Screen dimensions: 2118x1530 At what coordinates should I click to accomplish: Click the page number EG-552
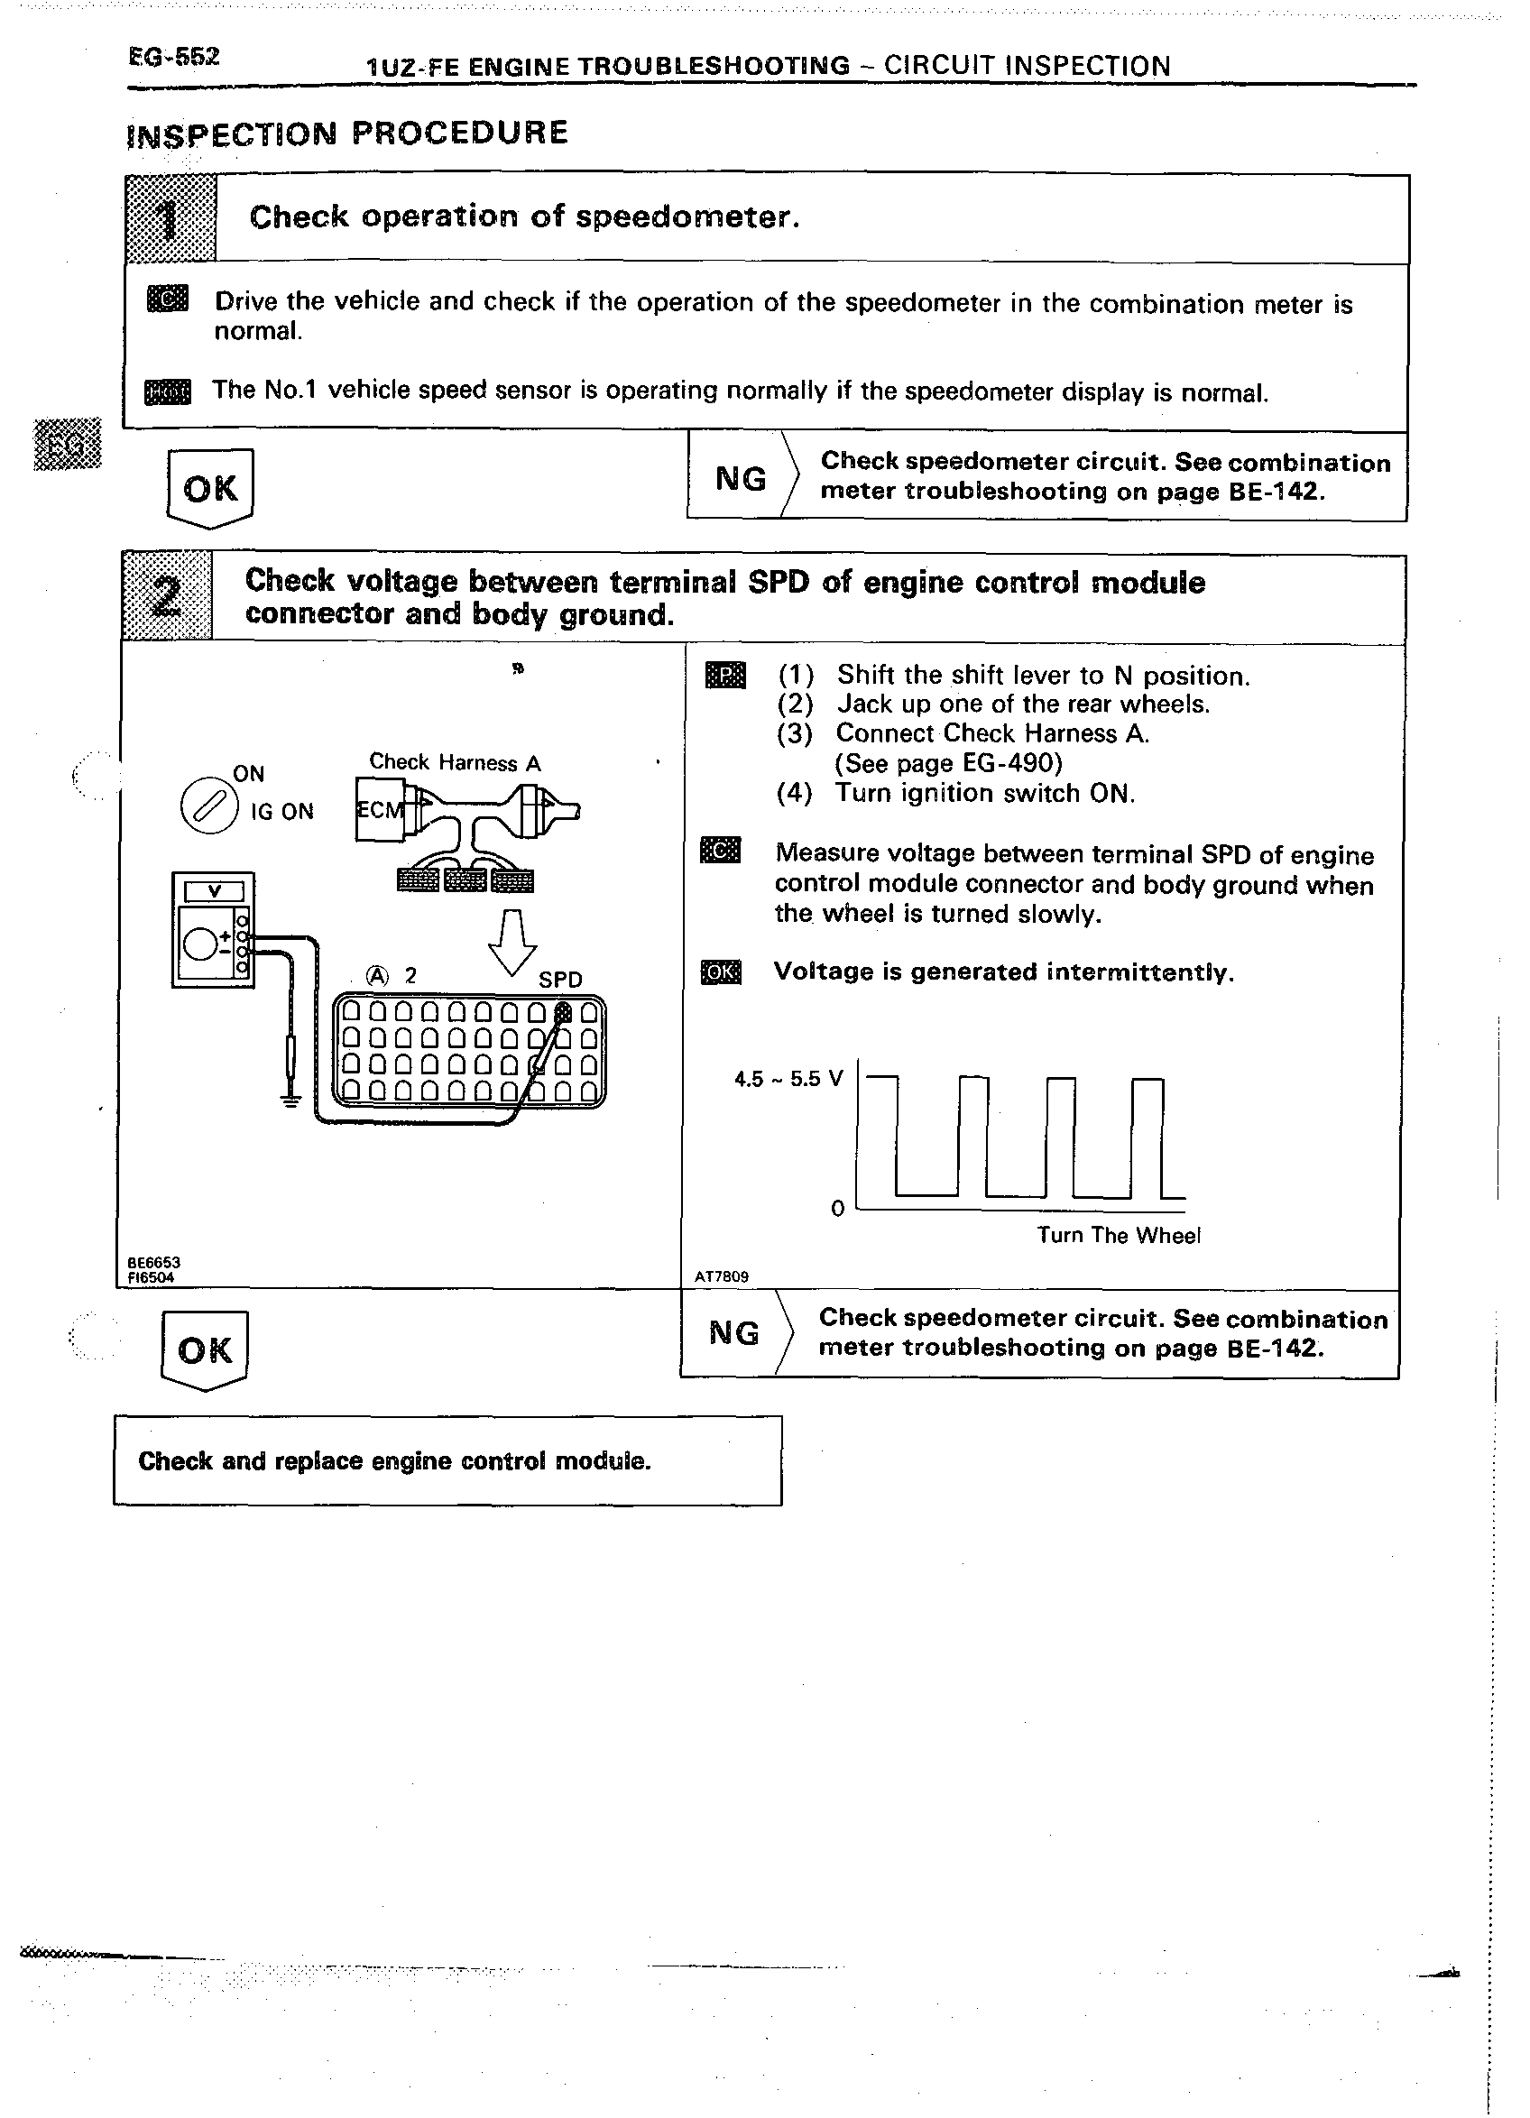pos(174,57)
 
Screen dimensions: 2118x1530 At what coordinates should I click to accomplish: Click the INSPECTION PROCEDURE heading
pos(346,134)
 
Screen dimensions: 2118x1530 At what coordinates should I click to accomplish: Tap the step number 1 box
pos(170,218)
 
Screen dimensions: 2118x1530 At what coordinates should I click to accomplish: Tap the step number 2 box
pos(166,596)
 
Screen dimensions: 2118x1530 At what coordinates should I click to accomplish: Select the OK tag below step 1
pos(210,487)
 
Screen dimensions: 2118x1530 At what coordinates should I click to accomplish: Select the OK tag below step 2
pos(205,1349)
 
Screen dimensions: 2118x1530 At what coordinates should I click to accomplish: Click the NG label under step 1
pos(741,479)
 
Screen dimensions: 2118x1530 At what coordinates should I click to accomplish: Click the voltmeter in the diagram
pos(213,929)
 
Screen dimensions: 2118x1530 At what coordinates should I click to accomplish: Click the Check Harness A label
pos(455,763)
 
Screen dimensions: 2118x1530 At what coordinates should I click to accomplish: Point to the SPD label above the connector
pos(560,980)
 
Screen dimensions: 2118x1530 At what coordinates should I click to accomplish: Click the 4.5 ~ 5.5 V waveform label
pos(788,1080)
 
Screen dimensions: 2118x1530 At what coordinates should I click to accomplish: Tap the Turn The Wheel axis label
pos(1118,1236)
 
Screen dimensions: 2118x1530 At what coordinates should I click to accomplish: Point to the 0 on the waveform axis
pos(838,1210)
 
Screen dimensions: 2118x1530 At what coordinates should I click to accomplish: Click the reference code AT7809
pos(721,1276)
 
